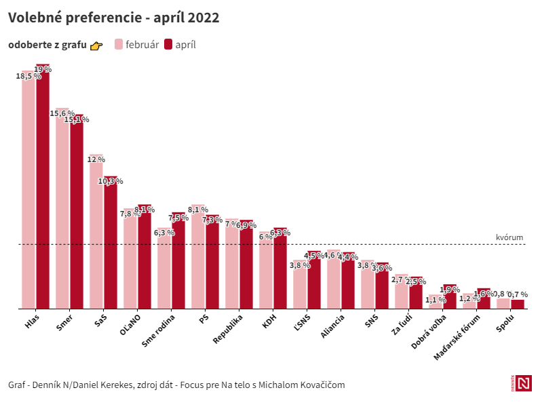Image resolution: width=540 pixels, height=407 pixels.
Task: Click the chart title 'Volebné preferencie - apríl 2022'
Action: (113, 18)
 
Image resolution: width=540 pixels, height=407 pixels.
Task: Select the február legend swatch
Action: (119, 45)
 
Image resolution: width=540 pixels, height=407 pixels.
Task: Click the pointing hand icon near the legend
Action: (96, 45)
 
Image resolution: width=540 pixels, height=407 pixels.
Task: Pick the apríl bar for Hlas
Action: (43, 190)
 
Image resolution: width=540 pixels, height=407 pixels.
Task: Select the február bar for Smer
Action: (62, 210)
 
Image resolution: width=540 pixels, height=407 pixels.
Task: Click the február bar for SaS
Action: (96, 234)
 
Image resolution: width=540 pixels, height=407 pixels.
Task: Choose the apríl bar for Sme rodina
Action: (178, 265)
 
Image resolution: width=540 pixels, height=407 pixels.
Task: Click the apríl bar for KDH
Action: (280, 271)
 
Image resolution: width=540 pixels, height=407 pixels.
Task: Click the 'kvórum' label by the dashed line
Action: (509, 237)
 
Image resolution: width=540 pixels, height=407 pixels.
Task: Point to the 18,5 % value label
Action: (28, 76)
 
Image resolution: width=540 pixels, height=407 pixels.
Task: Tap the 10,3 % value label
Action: (111, 181)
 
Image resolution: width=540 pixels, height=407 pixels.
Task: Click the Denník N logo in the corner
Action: (522, 383)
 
